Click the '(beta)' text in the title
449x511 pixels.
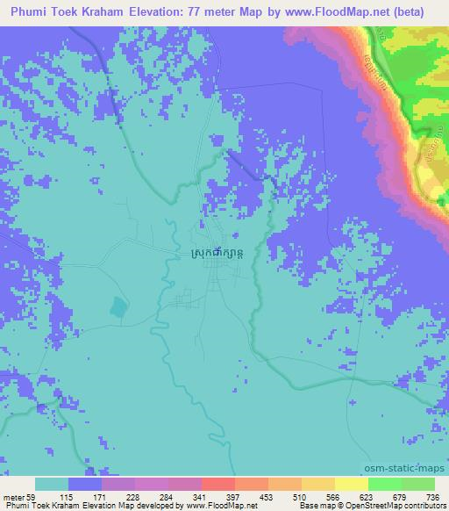pos(410,12)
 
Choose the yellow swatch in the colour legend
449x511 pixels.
pos(352,484)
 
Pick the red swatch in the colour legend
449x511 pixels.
pos(218,484)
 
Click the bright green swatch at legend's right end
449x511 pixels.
pos(417,484)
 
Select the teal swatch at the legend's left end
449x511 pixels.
pos(52,484)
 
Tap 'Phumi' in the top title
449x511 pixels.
pos(31,12)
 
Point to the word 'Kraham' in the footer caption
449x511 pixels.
pos(67,506)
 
